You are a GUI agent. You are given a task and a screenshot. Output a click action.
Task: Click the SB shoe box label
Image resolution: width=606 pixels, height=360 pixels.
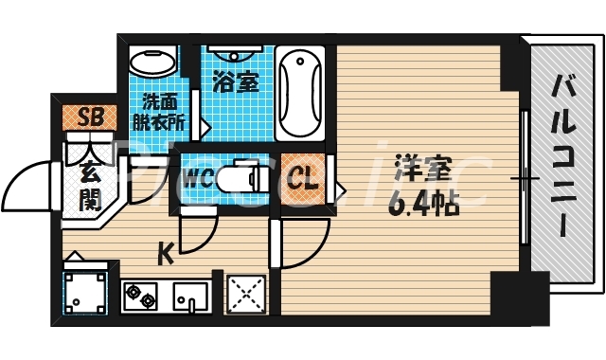[x=91, y=118]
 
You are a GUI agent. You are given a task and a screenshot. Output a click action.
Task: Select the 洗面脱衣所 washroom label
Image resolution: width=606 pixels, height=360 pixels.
[x=162, y=111]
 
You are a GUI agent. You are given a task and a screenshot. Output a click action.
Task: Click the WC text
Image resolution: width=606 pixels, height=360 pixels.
[x=198, y=177]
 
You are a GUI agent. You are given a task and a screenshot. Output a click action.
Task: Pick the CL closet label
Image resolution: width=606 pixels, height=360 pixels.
[x=304, y=178]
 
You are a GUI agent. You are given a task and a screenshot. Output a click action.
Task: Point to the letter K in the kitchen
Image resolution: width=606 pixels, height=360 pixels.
[x=165, y=253]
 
